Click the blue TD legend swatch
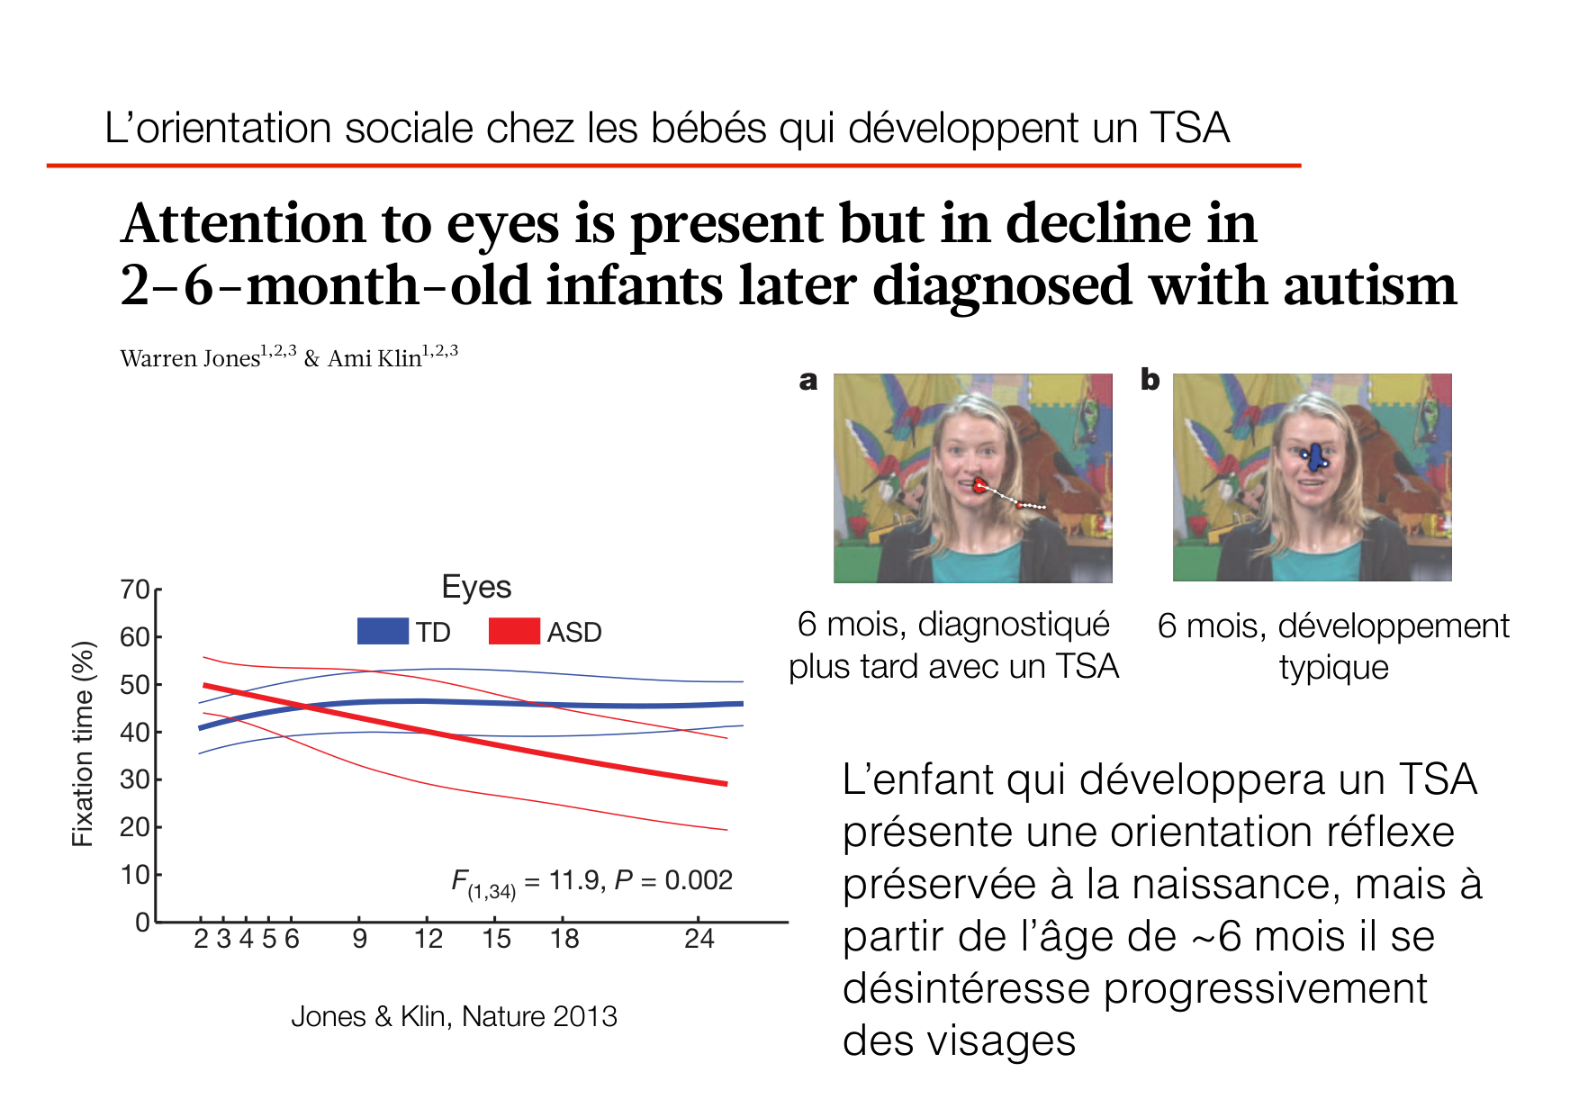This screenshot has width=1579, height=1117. [x=383, y=631]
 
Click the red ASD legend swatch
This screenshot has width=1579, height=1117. [x=513, y=631]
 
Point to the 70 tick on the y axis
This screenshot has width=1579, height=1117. [x=135, y=590]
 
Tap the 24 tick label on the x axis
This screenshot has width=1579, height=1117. [x=699, y=939]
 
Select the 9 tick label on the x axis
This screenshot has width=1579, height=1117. [x=359, y=939]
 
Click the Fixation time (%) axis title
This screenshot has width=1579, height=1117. [x=83, y=743]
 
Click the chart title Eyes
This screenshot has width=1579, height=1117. [x=476, y=587]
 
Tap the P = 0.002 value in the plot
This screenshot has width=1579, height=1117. [x=673, y=879]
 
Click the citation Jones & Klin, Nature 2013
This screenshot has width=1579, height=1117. [x=454, y=1016]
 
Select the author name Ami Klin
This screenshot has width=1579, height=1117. [x=374, y=358]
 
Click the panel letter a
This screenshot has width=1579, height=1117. [x=808, y=381]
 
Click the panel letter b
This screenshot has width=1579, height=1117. [x=1150, y=380]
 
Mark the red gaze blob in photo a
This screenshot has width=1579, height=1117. [x=979, y=486]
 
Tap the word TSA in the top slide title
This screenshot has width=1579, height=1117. [x=1189, y=128]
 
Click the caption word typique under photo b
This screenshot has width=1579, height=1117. [x=1333, y=668]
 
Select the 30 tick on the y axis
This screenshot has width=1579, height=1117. [x=135, y=779]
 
